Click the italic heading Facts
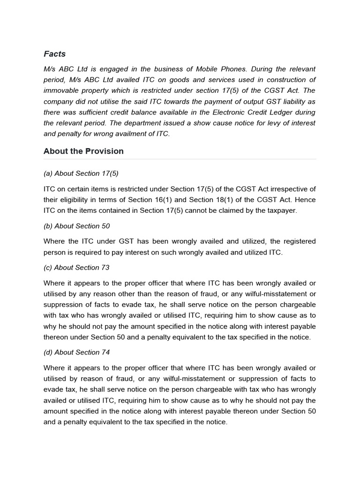pyautogui.click(x=54, y=54)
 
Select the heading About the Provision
pyautogui.click(x=83, y=151)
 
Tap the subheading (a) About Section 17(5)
pyautogui.click(x=81, y=173)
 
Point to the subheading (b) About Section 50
pyautogui.click(x=76, y=226)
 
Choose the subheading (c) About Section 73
pyautogui.click(x=76, y=268)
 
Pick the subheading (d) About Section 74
pyautogui.click(x=76, y=352)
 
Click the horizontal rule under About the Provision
pyautogui.click(x=180, y=159)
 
